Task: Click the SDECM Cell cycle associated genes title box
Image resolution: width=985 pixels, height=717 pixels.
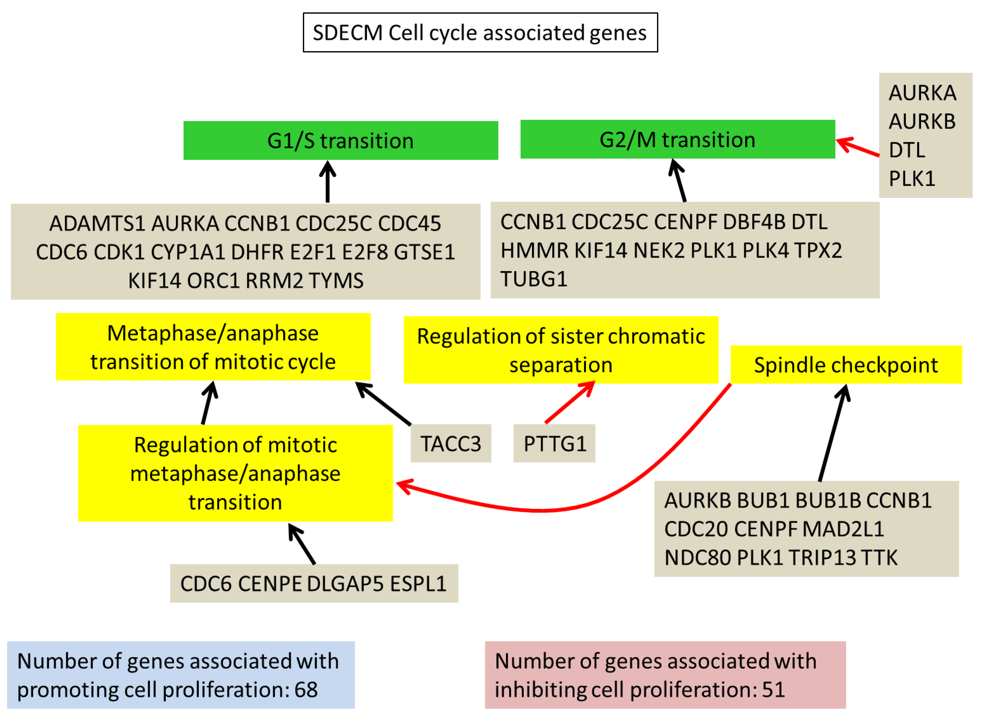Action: (x=480, y=33)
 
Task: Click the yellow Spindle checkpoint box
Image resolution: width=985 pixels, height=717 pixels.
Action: (x=846, y=365)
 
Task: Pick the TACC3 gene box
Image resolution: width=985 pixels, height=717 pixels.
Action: (x=451, y=443)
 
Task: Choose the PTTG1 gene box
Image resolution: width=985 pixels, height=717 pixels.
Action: (x=554, y=443)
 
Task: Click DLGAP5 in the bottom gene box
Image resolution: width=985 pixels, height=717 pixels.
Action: (x=345, y=584)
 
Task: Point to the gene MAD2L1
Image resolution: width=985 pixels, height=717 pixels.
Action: (x=843, y=529)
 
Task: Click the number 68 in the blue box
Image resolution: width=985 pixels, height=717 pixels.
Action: (x=306, y=690)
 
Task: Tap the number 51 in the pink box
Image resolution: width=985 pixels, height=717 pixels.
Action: (x=774, y=690)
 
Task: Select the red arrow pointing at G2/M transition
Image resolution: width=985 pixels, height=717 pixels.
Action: (x=858, y=147)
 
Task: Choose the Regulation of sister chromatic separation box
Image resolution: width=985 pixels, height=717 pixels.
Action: (x=561, y=350)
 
